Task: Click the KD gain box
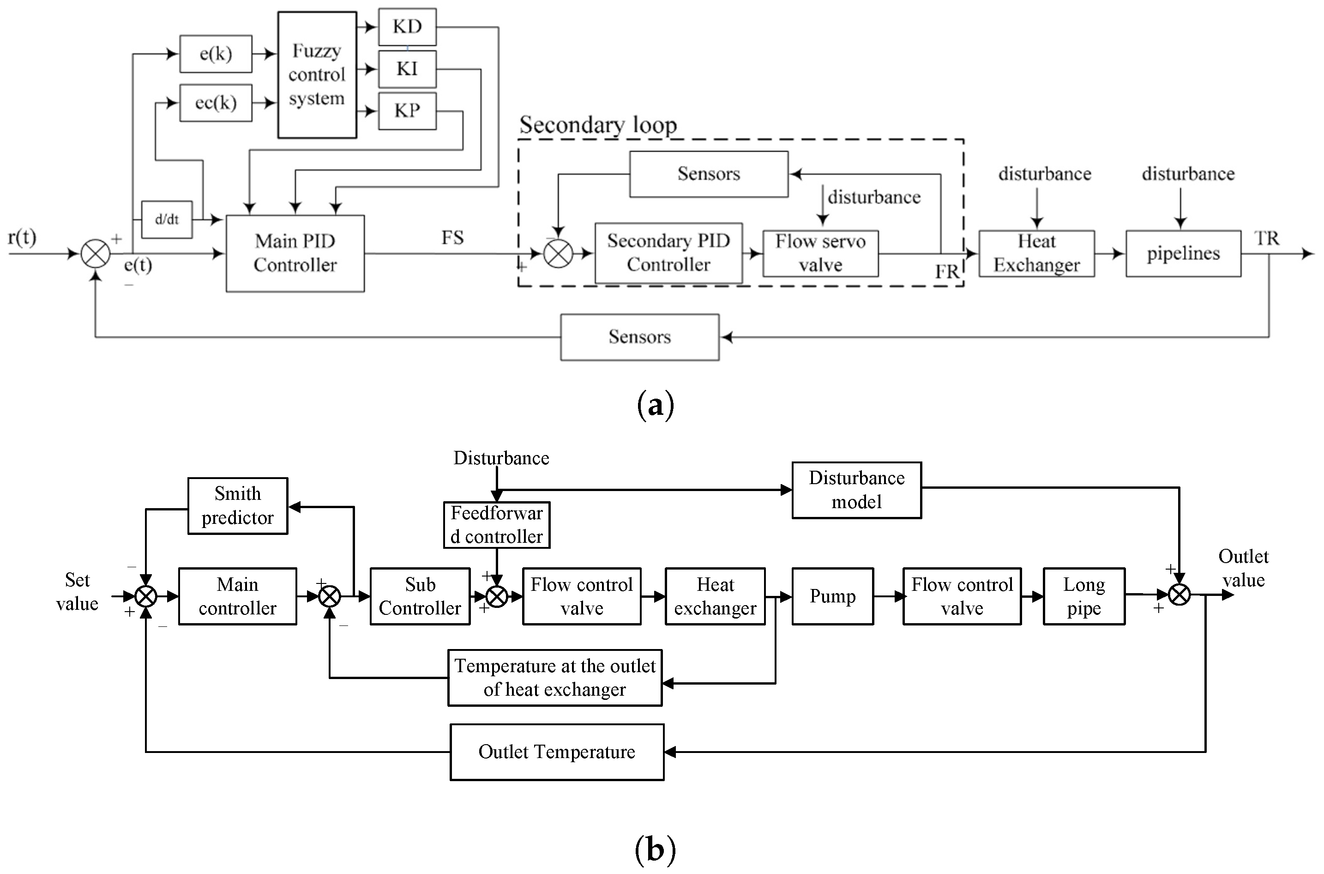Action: point(407,27)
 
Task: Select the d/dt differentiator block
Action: point(167,219)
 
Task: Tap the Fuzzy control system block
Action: point(317,75)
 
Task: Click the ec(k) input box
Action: point(216,103)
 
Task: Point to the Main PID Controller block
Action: point(295,253)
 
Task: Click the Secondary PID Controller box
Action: point(668,253)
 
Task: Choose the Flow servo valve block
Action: point(820,253)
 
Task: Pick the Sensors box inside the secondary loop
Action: point(709,174)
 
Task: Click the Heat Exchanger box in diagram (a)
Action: point(1036,253)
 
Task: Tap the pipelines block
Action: point(1183,253)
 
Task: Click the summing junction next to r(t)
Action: point(96,254)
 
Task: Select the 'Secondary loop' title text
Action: point(598,125)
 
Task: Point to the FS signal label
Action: point(452,238)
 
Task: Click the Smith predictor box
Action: point(237,505)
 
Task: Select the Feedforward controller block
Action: point(496,524)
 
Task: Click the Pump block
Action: point(832,596)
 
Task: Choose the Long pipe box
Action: point(1083,596)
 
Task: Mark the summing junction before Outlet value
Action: point(1179,595)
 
